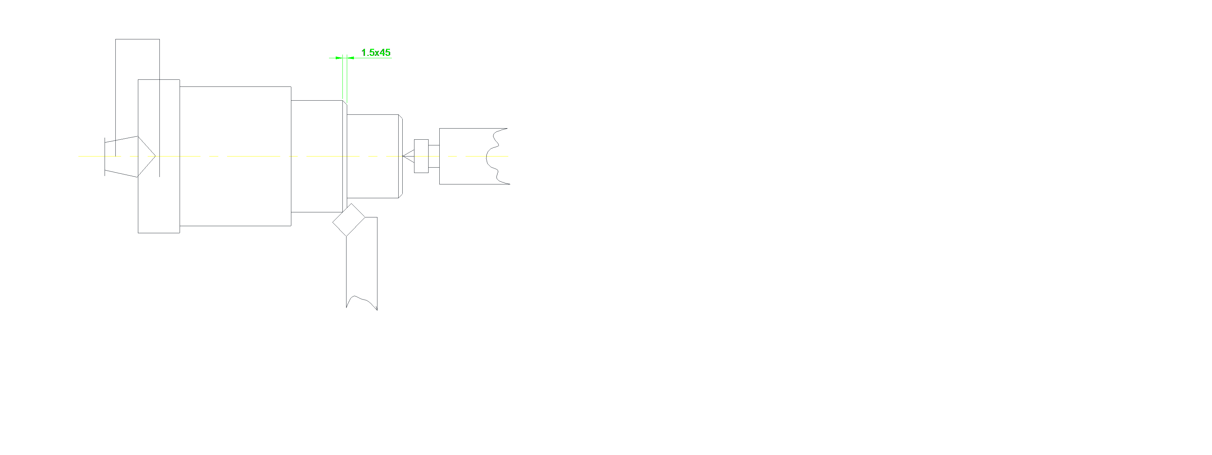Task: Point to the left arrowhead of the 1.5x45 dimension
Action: [x=339, y=58]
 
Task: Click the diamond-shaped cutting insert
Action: [x=348, y=220]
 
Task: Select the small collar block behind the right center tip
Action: [x=421, y=156]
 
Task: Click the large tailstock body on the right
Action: [x=464, y=141]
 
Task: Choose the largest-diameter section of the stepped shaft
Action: [x=235, y=123]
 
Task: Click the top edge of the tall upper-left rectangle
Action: [x=137, y=39]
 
